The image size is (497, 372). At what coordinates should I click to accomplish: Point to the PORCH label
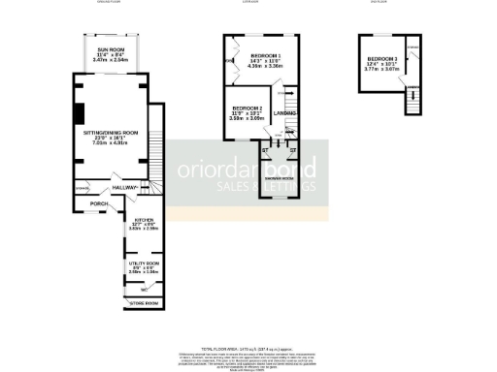pyautogui.click(x=98, y=203)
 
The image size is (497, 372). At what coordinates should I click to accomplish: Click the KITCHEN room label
pyautogui.click(x=144, y=220)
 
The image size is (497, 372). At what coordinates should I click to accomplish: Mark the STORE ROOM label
pyautogui.click(x=144, y=303)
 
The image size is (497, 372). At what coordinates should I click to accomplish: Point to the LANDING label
pyautogui.click(x=285, y=115)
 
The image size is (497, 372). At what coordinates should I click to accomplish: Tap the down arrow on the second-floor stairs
pyautogui.click(x=412, y=101)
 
